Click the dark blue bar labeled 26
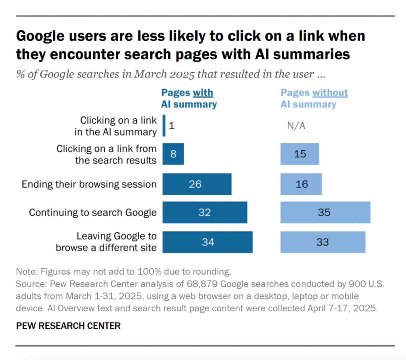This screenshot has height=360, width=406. [197, 184]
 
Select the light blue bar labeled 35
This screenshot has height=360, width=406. [325, 212]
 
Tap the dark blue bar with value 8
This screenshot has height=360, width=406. [173, 154]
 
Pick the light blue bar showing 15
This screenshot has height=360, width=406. [299, 154]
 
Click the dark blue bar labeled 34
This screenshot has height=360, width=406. [207, 242]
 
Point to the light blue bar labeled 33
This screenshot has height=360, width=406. [323, 242]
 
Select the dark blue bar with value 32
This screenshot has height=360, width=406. [205, 212]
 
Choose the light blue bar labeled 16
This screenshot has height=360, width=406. [301, 184]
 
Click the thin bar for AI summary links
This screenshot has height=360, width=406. [164, 126]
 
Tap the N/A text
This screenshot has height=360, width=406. [296, 126]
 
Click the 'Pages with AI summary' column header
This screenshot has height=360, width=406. [189, 99]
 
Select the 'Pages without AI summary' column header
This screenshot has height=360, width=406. [314, 99]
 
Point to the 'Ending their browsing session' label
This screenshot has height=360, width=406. [89, 184]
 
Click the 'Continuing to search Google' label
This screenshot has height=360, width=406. [93, 213]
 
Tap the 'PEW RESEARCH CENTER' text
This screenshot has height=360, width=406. [68, 326]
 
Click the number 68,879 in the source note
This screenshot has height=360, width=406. [202, 284]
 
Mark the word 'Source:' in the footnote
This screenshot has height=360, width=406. [31, 284]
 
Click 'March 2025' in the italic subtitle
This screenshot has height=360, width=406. [164, 74]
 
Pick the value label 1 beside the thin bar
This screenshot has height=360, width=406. [172, 126]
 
